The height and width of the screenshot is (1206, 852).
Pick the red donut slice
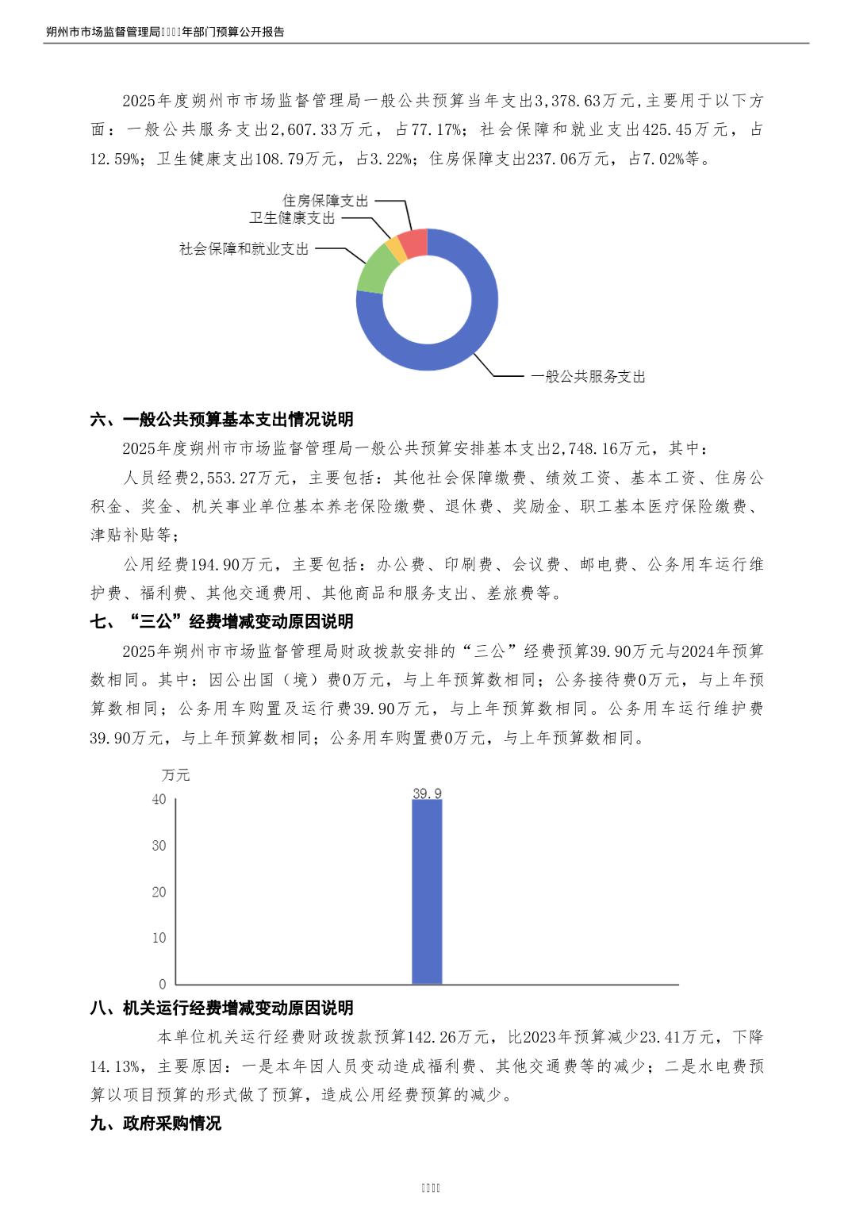click(x=414, y=242)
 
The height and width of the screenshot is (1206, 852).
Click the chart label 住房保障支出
click(x=325, y=202)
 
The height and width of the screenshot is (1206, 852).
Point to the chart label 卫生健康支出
click(x=292, y=218)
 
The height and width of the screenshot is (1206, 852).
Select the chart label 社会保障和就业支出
click(x=244, y=249)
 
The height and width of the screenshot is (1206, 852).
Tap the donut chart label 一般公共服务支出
click(x=588, y=377)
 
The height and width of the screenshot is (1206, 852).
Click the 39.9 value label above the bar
click(x=427, y=793)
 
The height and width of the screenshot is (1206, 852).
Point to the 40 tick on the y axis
click(x=159, y=799)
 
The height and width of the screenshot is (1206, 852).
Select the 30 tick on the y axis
click(x=159, y=846)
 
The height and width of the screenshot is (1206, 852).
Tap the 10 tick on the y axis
click(x=159, y=938)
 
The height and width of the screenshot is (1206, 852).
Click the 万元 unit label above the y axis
click(x=175, y=775)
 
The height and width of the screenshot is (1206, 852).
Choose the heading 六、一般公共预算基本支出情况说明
click(x=221, y=420)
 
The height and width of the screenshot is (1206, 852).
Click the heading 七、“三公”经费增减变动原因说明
click(x=221, y=622)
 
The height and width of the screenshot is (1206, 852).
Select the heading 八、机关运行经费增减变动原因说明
click(x=221, y=1008)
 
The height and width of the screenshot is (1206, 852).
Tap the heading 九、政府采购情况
click(x=155, y=1123)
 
